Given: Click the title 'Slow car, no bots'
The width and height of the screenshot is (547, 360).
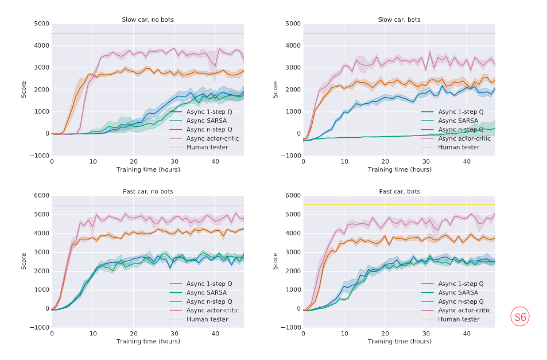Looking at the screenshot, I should point(148,20).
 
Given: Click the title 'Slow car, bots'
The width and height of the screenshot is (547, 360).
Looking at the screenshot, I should point(399,20).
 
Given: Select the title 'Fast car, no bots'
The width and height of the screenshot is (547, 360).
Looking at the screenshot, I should point(148,191).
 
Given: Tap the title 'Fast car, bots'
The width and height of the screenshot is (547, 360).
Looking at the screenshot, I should point(399,191).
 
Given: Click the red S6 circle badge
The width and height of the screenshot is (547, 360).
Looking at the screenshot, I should point(520,317).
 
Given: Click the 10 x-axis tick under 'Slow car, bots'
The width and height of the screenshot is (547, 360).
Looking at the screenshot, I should point(344,162).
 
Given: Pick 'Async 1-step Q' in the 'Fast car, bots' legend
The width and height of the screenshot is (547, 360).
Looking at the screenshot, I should point(460,284).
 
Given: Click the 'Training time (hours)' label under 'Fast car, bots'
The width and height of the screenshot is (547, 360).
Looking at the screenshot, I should point(399,341).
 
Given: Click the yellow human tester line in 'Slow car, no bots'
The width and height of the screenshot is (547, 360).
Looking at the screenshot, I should point(115,34).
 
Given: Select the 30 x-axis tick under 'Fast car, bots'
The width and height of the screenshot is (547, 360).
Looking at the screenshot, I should point(425,334).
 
